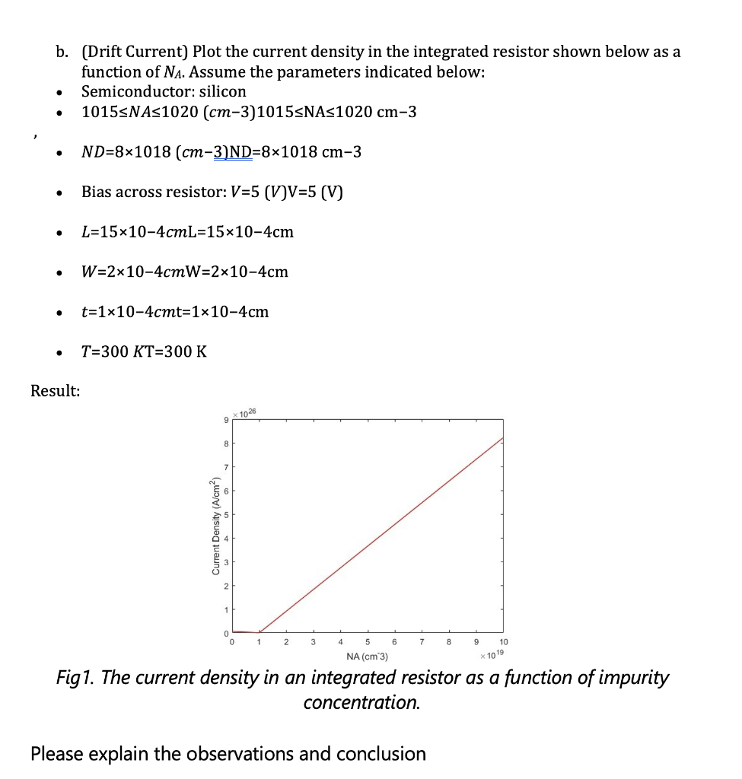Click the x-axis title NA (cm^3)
coord(367,657)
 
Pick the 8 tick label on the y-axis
coord(225,443)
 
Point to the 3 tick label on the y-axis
coord(225,561)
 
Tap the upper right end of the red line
coord(502,437)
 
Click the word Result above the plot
coord(55,391)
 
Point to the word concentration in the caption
coord(361,702)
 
